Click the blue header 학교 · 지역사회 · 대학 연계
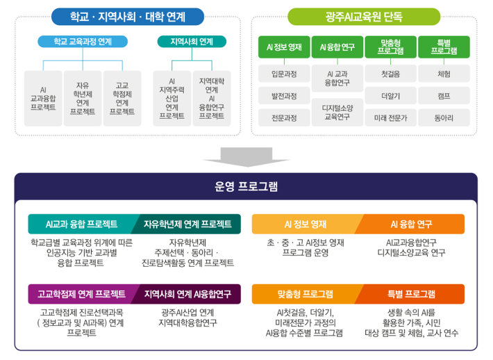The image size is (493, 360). [128, 17]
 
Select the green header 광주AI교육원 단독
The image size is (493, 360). [364, 17]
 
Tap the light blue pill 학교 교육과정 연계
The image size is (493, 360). [83, 42]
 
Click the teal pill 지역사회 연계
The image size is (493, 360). [192, 42]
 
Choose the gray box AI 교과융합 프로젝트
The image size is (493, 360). [43, 99]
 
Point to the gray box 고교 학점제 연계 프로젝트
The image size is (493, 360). [122, 99]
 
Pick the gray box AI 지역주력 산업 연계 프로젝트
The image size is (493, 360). [172, 99]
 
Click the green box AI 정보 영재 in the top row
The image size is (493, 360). [284, 47]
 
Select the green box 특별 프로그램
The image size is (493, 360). [444, 47]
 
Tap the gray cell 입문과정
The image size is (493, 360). [284, 74]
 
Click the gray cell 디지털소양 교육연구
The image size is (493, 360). [337, 113]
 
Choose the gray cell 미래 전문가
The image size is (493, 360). [390, 118]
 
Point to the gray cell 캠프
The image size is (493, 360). [444, 96]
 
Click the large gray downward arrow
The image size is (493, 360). [246, 156]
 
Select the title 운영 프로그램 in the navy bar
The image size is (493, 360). [246, 187]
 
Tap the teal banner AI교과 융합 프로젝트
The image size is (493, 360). [82, 224]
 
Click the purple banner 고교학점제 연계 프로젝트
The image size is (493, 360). [82, 294]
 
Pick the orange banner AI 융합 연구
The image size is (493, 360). [411, 224]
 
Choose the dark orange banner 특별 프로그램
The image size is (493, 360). [411, 294]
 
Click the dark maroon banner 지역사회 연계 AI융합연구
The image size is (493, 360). [187, 294]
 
